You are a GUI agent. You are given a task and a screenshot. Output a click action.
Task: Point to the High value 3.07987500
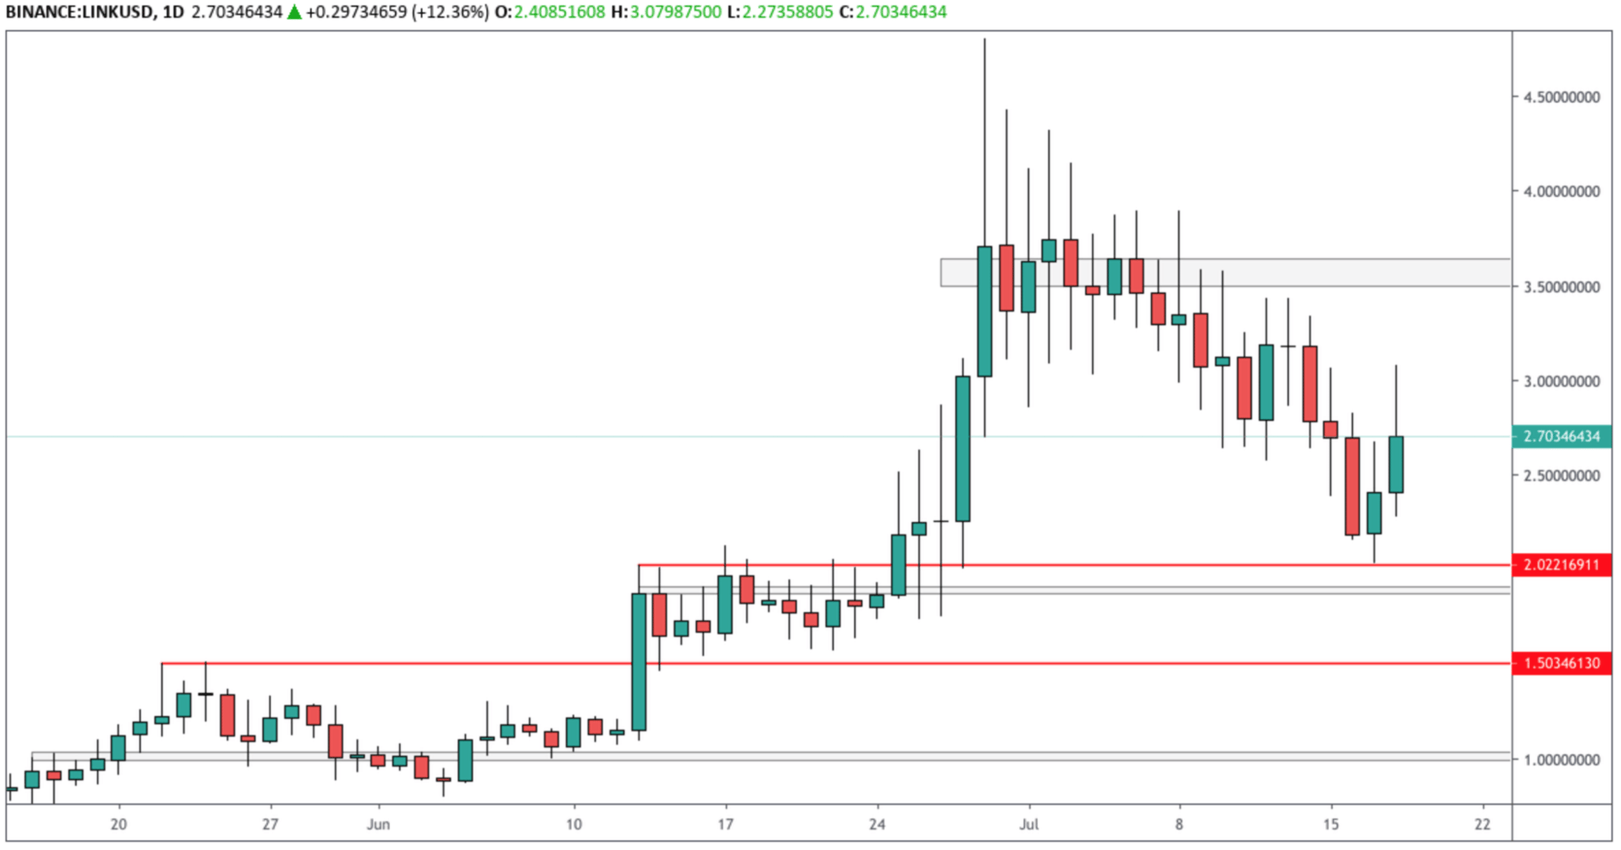point(675,12)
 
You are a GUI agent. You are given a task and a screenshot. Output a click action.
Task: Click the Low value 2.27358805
point(787,12)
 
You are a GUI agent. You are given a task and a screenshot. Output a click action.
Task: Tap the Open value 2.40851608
point(559,12)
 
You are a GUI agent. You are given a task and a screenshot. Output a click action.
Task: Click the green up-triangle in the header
point(294,12)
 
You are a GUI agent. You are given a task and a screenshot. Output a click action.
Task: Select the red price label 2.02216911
point(1561,565)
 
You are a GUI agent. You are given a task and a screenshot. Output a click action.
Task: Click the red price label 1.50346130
point(1561,663)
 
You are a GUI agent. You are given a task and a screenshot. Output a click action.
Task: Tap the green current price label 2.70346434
point(1561,436)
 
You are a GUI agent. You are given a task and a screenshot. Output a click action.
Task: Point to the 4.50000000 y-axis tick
point(1561,97)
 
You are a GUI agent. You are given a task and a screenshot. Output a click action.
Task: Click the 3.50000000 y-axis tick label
point(1561,286)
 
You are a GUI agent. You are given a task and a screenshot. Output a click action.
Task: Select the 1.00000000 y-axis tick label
point(1561,760)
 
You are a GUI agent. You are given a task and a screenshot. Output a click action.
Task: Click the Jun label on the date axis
point(378,825)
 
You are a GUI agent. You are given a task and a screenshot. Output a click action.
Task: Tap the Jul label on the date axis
point(1028,825)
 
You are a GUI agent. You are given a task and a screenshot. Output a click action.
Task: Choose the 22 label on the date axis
point(1482,825)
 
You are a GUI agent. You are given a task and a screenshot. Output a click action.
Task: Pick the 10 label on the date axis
point(573,825)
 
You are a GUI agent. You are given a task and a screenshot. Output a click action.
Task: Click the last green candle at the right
point(1395,465)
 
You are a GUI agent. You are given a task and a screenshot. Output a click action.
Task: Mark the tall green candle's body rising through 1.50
point(638,662)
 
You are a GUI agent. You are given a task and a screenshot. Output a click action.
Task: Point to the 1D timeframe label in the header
point(173,12)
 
